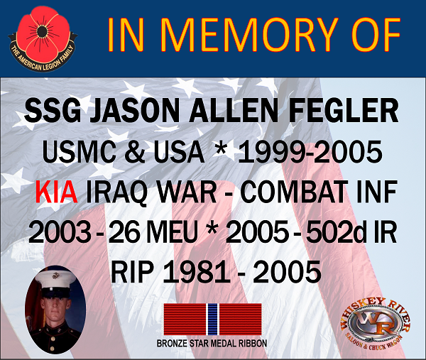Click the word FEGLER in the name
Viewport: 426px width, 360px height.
coord(343,111)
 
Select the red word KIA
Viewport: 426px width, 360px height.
coord(56,192)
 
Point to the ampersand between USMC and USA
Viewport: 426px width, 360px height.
coord(134,152)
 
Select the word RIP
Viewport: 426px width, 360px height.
coord(131,272)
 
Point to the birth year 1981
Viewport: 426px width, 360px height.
coord(197,272)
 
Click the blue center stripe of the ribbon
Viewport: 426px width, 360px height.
coord(212,320)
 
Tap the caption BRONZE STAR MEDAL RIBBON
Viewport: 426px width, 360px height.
coord(212,344)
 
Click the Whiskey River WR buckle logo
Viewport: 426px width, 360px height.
coord(376,323)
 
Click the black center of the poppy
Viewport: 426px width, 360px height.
coord(41,33)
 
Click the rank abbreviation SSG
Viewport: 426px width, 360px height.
coord(53,111)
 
